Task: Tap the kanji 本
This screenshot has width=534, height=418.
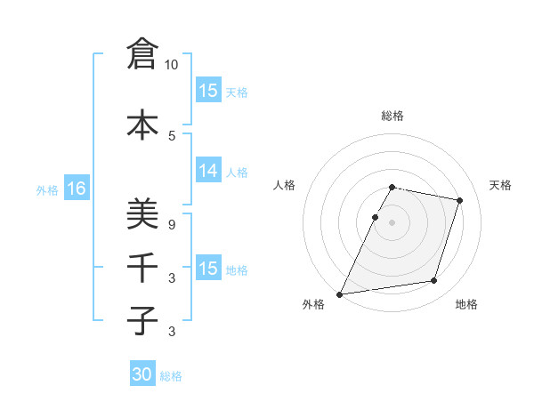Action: coord(142,124)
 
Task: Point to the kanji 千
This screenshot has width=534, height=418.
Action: coord(142,267)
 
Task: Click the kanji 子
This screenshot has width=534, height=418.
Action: coord(142,320)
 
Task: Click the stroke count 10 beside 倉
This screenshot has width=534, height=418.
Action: coord(172,65)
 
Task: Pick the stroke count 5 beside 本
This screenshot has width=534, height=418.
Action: coord(172,135)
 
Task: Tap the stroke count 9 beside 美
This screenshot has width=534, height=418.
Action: coord(172,225)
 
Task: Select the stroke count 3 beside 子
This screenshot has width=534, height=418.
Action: coord(172,332)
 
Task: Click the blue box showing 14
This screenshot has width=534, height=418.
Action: coord(208,172)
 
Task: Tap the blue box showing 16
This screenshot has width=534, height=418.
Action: coord(76,189)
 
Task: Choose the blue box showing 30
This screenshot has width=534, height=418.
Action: coord(142,375)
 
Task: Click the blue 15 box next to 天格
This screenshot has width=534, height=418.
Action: coord(208,91)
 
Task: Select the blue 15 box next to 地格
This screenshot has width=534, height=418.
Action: coord(208,269)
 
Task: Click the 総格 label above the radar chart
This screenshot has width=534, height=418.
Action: coord(392,116)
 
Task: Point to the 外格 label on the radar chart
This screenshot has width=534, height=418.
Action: coord(313,304)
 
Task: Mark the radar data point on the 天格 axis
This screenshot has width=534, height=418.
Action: coord(459,201)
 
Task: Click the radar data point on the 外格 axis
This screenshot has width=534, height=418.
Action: coord(340,293)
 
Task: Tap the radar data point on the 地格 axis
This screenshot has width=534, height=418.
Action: coord(434,281)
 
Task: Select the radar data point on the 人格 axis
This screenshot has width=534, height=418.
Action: coord(376,217)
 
